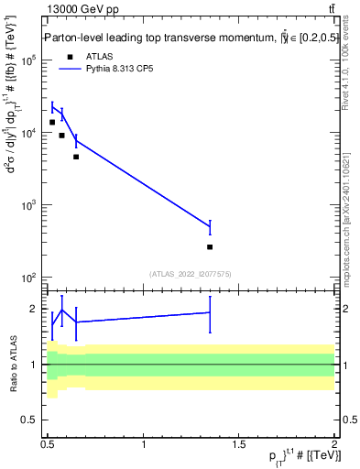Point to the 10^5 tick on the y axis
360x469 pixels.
(x=28, y=60)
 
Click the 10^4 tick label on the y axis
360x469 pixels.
(x=28, y=133)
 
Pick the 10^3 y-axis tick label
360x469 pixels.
(x=28, y=205)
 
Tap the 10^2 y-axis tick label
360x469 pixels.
(x=28, y=278)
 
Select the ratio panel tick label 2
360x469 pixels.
(x=34, y=309)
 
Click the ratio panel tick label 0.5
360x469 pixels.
(x=30, y=420)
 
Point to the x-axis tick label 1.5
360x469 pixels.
(x=240, y=444)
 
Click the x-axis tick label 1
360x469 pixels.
(x=145, y=444)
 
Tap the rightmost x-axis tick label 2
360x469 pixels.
(x=334, y=444)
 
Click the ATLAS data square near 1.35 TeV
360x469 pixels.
(x=210, y=247)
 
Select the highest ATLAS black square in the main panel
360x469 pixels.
(x=52, y=122)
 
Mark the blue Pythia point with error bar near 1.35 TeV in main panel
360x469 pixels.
(x=210, y=227)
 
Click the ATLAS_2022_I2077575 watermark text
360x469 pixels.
(x=190, y=274)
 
